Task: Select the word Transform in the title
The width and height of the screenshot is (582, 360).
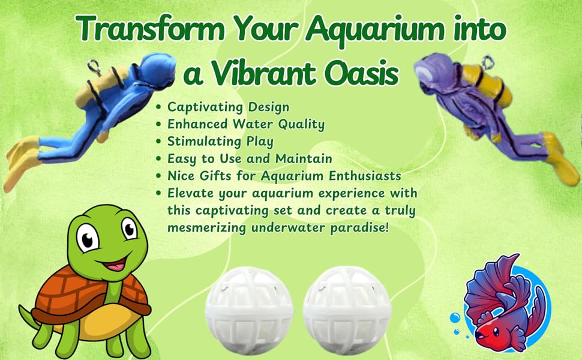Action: point(151,28)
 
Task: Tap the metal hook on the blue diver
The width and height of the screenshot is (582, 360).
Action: point(92,67)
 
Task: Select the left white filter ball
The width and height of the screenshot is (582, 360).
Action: point(250,310)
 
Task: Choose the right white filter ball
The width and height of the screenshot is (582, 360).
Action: point(347,310)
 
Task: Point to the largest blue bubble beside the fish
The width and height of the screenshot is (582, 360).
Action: point(455,318)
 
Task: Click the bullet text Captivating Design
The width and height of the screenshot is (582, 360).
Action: point(228,107)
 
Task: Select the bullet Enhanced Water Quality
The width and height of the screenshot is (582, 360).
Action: point(246,124)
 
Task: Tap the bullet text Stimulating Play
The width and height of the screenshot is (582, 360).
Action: point(220,142)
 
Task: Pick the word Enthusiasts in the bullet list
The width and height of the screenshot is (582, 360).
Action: point(365,176)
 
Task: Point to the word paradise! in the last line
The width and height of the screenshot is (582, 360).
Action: point(359,227)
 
